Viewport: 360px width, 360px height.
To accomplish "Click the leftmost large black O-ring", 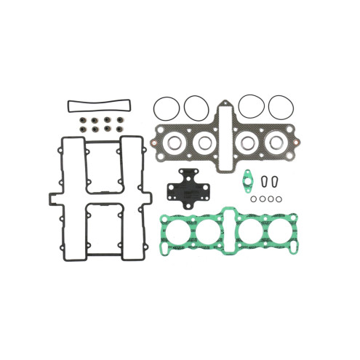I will click(x=167, y=107).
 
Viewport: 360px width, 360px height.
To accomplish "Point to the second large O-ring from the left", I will click(x=196, y=107).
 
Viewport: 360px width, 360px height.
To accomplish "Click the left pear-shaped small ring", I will click(x=265, y=181).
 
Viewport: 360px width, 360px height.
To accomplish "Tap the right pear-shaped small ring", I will click(x=276, y=181).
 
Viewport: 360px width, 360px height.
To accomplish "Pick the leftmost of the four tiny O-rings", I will click(x=251, y=197).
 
